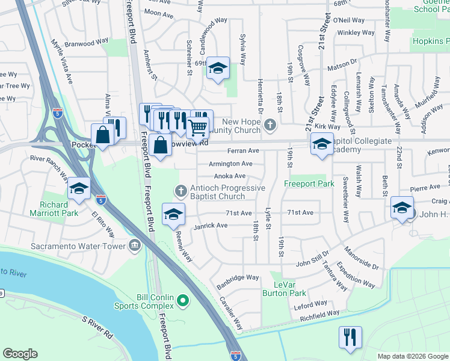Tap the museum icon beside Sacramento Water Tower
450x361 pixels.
[134, 244]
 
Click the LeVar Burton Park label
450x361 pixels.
[284, 289]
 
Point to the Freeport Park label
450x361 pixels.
[309, 184]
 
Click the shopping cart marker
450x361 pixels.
[197, 127]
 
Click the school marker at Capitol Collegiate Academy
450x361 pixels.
[322, 144]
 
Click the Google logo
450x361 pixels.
[20, 354]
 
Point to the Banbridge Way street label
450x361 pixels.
[238, 278]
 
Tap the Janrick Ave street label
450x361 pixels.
[211, 226]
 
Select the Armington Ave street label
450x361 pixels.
[230, 164]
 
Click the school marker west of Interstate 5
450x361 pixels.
[79, 189]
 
